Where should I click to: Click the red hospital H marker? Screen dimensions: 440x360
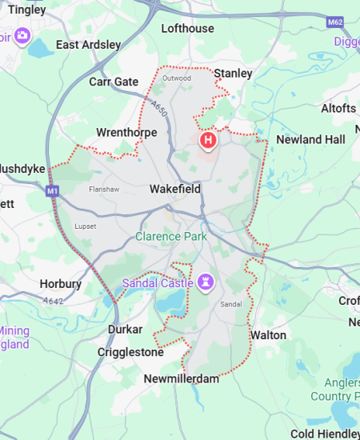pos(209,141)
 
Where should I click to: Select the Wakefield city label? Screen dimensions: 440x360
pos(175,190)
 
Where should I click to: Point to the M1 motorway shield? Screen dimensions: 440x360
pos(52,191)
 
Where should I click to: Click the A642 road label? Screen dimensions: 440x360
pos(54,301)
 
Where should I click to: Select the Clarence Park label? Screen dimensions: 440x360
pos(171,236)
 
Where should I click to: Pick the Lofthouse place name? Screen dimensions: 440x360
pos(188,28)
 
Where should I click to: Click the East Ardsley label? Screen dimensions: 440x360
pos(89,45)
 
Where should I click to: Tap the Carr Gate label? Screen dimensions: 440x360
pos(114,82)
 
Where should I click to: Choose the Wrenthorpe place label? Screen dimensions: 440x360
pos(124,132)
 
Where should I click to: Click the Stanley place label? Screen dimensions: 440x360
pos(233,74)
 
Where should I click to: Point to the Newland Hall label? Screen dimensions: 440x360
pos(310,139)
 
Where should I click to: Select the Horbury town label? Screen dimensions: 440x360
pos(61,284)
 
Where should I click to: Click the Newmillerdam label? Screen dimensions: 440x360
pos(182,378)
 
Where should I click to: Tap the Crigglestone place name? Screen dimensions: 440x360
pos(130,352)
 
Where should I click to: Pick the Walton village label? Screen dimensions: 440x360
pos(268,334)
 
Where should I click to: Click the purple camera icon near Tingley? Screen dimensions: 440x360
pos(22,35)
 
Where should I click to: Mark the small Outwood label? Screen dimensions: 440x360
pos(177,78)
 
